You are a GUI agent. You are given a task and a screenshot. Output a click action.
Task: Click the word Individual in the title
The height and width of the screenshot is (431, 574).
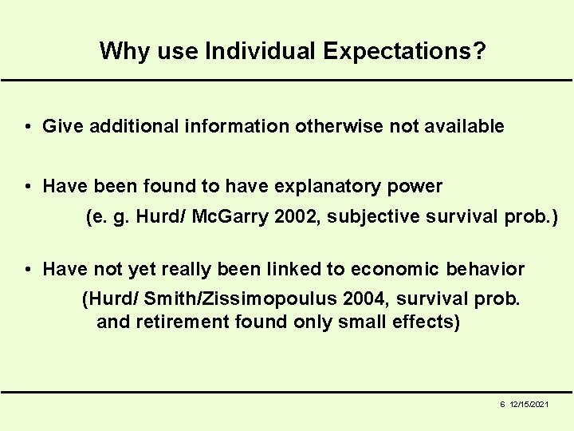click(x=261, y=52)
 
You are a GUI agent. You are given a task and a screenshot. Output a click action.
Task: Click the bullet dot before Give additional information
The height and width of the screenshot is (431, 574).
click(x=27, y=126)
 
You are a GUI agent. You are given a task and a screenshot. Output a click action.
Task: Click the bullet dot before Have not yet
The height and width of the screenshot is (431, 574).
click(x=27, y=269)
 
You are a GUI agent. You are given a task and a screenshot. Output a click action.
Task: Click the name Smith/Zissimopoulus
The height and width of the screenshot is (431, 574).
click(x=230, y=300)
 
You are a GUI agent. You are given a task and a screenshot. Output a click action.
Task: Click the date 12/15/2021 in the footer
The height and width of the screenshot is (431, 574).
click(x=529, y=405)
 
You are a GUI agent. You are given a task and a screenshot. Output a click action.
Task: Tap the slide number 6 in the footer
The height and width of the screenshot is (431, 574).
click(x=502, y=405)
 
